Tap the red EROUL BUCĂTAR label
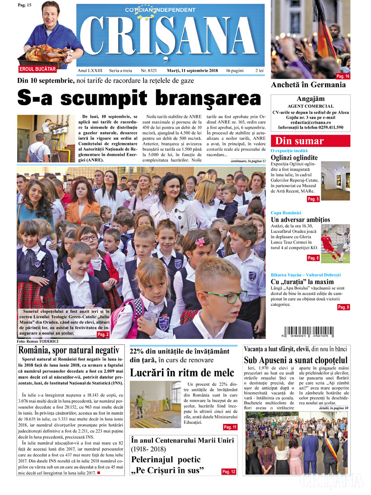coord(38,69)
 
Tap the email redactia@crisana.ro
coord(310,122)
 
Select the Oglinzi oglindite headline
coord(294,158)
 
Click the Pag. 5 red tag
coord(313,199)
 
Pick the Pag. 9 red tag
coord(343,307)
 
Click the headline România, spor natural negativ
coord(68,350)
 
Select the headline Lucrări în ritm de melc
coord(182,373)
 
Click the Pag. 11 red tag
coord(230,427)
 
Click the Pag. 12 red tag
coord(228,472)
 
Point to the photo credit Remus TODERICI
coord(38,341)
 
